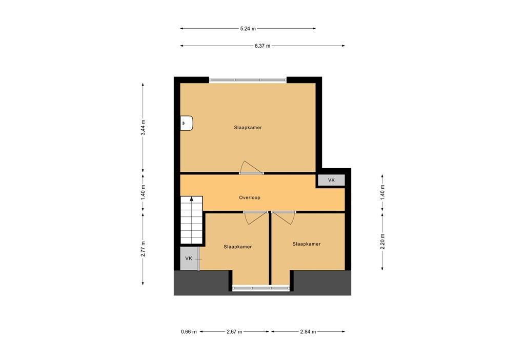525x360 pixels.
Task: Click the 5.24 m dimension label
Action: (x=248, y=29)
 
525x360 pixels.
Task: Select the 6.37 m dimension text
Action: (x=262, y=46)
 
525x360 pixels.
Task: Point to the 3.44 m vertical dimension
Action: (x=144, y=127)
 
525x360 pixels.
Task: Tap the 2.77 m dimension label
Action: (x=144, y=249)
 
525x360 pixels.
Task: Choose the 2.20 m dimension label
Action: (x=382, y=241)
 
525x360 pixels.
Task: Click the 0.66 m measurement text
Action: (x=189, y=332)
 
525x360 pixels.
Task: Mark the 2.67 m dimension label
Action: (x=234, y=332)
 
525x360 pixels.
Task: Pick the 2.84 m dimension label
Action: (x=308, y=332)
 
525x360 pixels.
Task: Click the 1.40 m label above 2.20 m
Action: (x=382, y=191)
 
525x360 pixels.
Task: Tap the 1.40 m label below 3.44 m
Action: (x=144, y=191)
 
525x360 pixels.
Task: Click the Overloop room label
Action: (x=250, y=197)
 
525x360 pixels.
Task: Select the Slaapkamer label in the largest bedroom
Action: (x=248, y=127)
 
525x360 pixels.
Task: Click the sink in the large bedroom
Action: (x=187, y=124)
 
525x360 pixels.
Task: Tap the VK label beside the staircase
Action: (x=189, y=258)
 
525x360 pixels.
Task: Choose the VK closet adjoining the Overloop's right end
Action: (x=331, y=180)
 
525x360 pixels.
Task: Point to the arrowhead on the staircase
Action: (x=192, y=200)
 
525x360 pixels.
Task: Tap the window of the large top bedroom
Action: (x=248, y=80)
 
